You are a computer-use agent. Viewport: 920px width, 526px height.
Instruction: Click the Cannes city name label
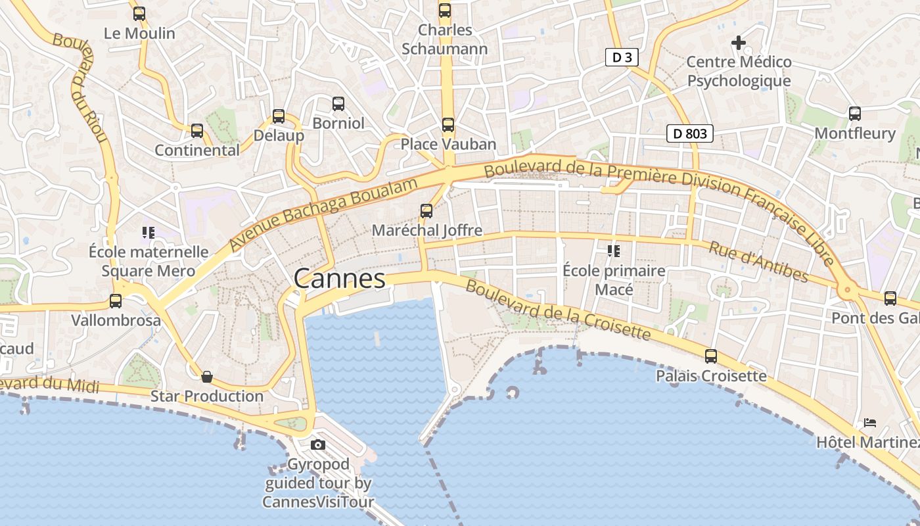339,279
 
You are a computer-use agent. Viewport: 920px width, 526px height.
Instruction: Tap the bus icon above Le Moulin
139,13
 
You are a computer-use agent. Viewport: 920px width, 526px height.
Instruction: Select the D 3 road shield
622,57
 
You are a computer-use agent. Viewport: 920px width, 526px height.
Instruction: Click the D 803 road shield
690,133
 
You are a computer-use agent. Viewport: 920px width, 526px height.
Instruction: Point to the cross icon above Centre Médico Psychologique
739,43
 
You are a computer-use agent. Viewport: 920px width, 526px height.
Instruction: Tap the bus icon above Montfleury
854,113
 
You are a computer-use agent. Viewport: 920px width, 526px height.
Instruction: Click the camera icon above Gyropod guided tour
318,445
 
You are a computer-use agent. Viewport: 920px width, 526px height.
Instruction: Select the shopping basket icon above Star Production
207,377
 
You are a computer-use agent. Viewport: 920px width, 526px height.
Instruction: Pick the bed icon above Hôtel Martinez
870,422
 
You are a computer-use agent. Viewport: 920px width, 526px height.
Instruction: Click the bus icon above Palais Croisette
711,356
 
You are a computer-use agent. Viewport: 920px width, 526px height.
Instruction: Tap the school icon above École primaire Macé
614,251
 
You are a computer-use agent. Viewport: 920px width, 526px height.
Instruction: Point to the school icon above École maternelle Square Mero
148,232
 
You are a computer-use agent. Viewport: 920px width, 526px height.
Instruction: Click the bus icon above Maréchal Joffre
426,210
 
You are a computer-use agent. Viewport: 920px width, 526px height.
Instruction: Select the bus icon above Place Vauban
448,124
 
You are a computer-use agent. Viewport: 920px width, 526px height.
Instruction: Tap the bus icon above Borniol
338,103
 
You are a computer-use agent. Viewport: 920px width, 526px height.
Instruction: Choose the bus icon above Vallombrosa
116,301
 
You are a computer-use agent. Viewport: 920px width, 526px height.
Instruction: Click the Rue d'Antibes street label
758,262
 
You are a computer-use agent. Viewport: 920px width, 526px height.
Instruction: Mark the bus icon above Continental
197,130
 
